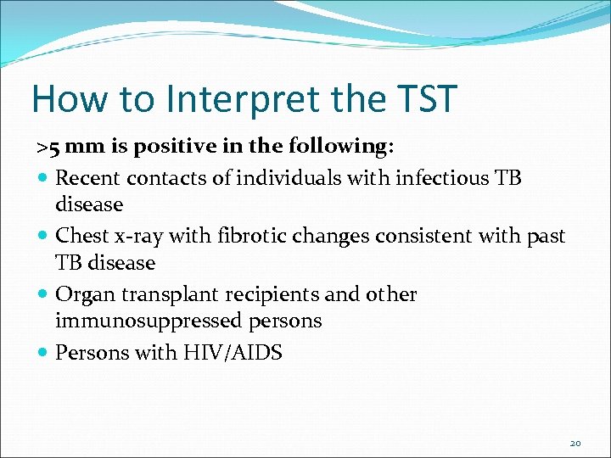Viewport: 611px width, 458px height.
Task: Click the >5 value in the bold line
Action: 48,147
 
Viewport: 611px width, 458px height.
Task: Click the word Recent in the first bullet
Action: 88,177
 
